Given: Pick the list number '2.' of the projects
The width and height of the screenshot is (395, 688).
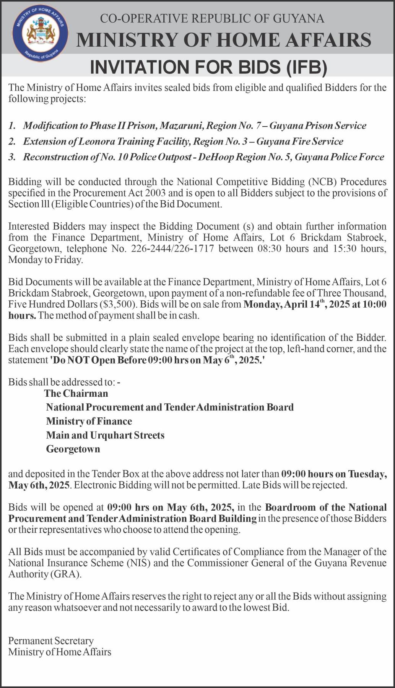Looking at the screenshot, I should click(13, 142).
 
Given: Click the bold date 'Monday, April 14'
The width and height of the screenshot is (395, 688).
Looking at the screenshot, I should click(283, 305).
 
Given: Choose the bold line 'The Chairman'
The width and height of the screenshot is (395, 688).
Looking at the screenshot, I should click(76, 393).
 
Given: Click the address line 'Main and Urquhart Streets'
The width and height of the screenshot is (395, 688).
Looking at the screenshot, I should click(105, 435).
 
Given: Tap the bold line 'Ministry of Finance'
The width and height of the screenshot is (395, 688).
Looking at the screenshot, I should click(89, 421).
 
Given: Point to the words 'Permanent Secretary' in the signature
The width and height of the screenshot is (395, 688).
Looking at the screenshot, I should click(51, 641).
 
